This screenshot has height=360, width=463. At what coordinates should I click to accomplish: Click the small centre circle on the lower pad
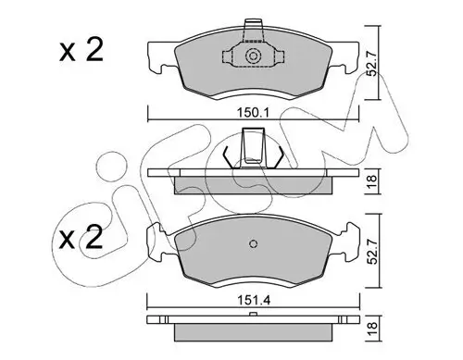click(x=253, y=245)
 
